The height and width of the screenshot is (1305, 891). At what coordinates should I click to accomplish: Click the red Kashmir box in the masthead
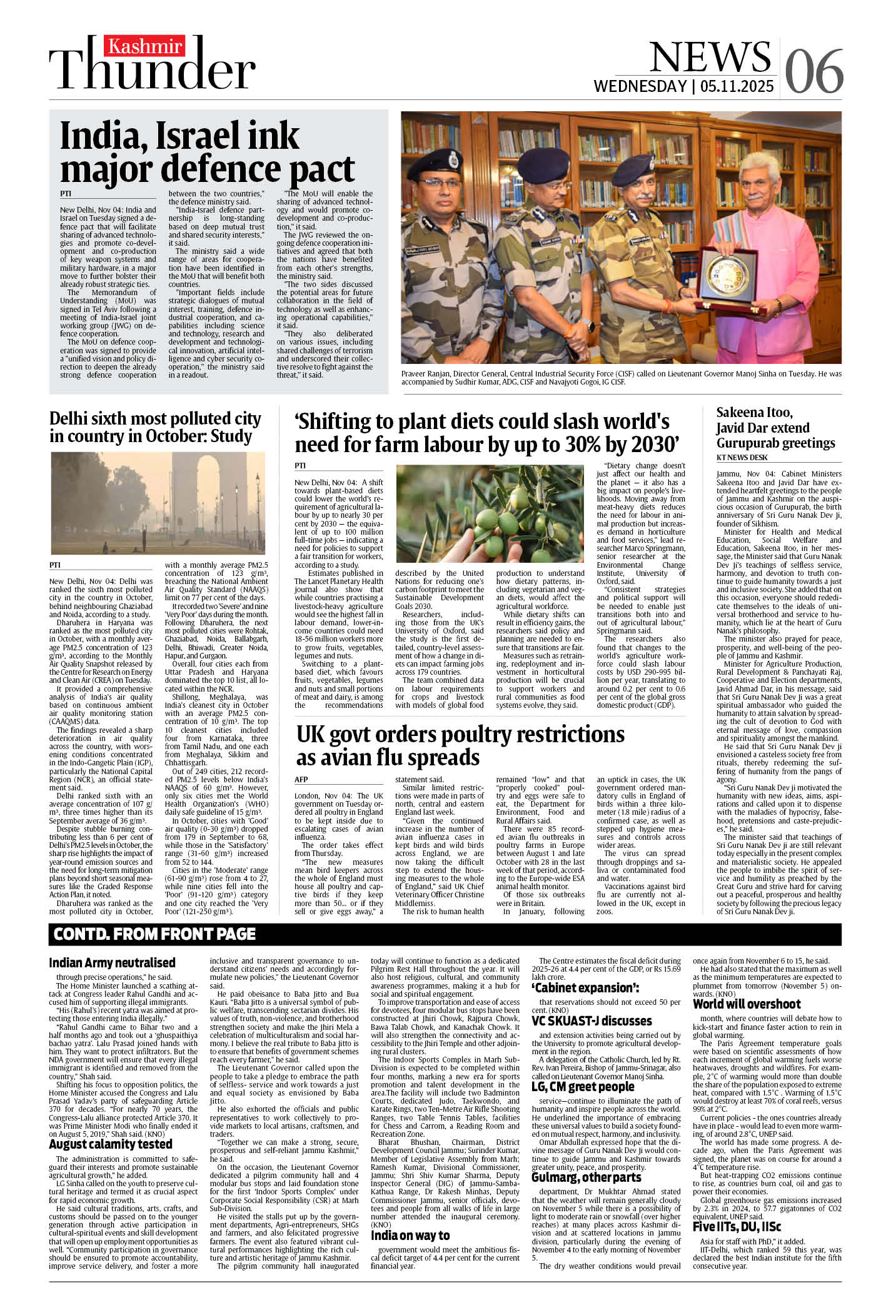click(145, 47)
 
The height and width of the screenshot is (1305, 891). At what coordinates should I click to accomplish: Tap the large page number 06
click(814, 71)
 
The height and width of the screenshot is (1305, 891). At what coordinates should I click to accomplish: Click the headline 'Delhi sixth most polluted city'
click(155, 419)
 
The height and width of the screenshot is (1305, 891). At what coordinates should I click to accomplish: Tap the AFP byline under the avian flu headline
click(301, 780)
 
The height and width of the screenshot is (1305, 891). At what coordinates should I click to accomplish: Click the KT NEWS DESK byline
click(742, 458)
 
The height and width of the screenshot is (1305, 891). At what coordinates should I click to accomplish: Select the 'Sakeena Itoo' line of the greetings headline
click(754, 413)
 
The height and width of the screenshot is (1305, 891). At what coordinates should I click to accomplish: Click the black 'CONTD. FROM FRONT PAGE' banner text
click(154, 934)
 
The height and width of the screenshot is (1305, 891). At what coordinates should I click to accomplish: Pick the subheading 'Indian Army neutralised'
click(112, 962)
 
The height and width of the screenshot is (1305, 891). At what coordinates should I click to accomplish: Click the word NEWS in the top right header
click(710, 58)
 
